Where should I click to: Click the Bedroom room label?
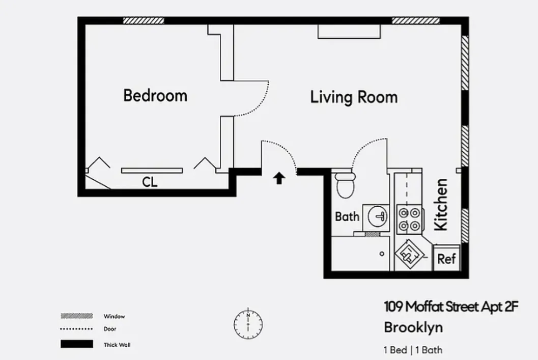tap(155, 95)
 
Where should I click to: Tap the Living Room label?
tap(354, 97)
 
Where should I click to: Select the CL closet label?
tap(150, 182)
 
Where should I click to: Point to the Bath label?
tap(347, 217)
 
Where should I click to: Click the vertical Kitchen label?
tap(441, 204)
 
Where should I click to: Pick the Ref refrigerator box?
tap(446, 259)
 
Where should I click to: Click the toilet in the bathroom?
tap(346, 185)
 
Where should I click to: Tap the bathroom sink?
tap(377, 216)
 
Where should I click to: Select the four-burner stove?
tap(409, 218)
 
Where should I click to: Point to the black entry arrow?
tap(279, 178)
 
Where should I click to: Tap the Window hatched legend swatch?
tap(76, 316)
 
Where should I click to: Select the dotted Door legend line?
tap(76, 329)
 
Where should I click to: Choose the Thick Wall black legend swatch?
tap(76, 344)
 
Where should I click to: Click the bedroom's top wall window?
tap(144, 21)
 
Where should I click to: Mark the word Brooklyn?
tap(413, 327)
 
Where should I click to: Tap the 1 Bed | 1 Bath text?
tap(412, 350)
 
